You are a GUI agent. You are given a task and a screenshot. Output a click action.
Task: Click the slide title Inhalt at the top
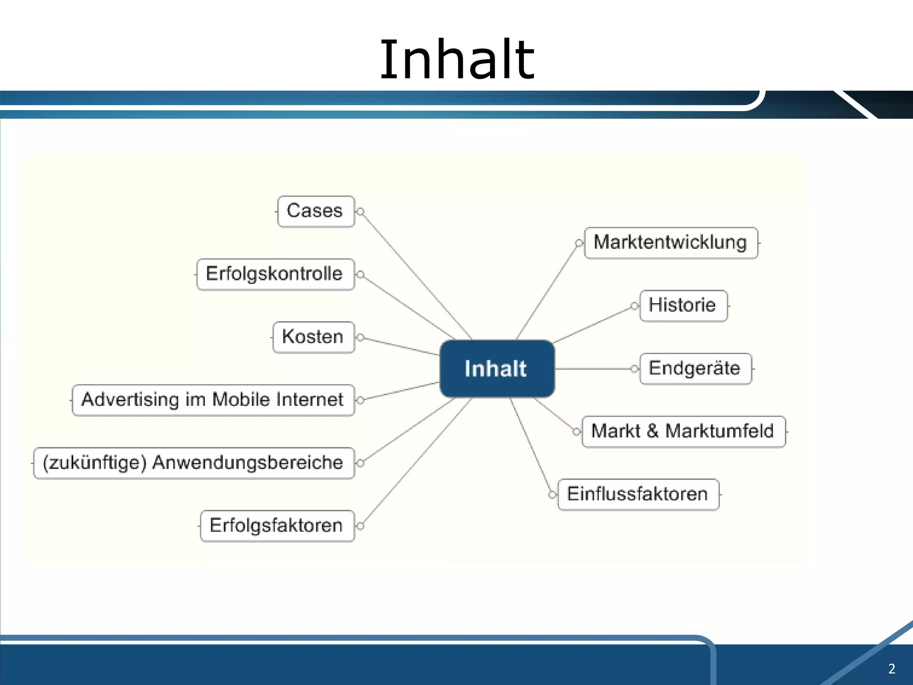point(456,60)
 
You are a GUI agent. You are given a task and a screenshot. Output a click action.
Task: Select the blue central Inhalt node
point(497,369)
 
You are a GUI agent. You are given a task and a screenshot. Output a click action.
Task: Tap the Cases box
point(315,211)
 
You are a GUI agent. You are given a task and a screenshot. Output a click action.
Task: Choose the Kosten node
point(313,337)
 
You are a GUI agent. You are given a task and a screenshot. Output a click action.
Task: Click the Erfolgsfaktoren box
point(276,526)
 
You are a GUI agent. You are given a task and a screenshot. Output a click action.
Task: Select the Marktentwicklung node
point(670,243)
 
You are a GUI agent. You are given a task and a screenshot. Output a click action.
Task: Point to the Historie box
point(683,306)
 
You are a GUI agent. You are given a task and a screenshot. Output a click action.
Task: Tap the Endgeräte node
point(695,369)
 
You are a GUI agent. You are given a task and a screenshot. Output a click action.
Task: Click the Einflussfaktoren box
point(638,495)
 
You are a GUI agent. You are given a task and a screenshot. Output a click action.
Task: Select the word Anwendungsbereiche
point(248,463)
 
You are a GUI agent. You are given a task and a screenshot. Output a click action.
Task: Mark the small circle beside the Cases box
point(361,211)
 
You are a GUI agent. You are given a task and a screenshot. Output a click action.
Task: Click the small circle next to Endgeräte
point(634,369)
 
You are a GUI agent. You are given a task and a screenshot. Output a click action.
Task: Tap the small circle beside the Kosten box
point(361,337)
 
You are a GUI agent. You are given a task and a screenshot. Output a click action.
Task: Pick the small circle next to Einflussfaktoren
point(552,495)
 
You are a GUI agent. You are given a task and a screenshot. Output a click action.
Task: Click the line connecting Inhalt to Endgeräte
point(593,369)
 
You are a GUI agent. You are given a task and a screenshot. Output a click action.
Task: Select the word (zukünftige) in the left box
point(95,463)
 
